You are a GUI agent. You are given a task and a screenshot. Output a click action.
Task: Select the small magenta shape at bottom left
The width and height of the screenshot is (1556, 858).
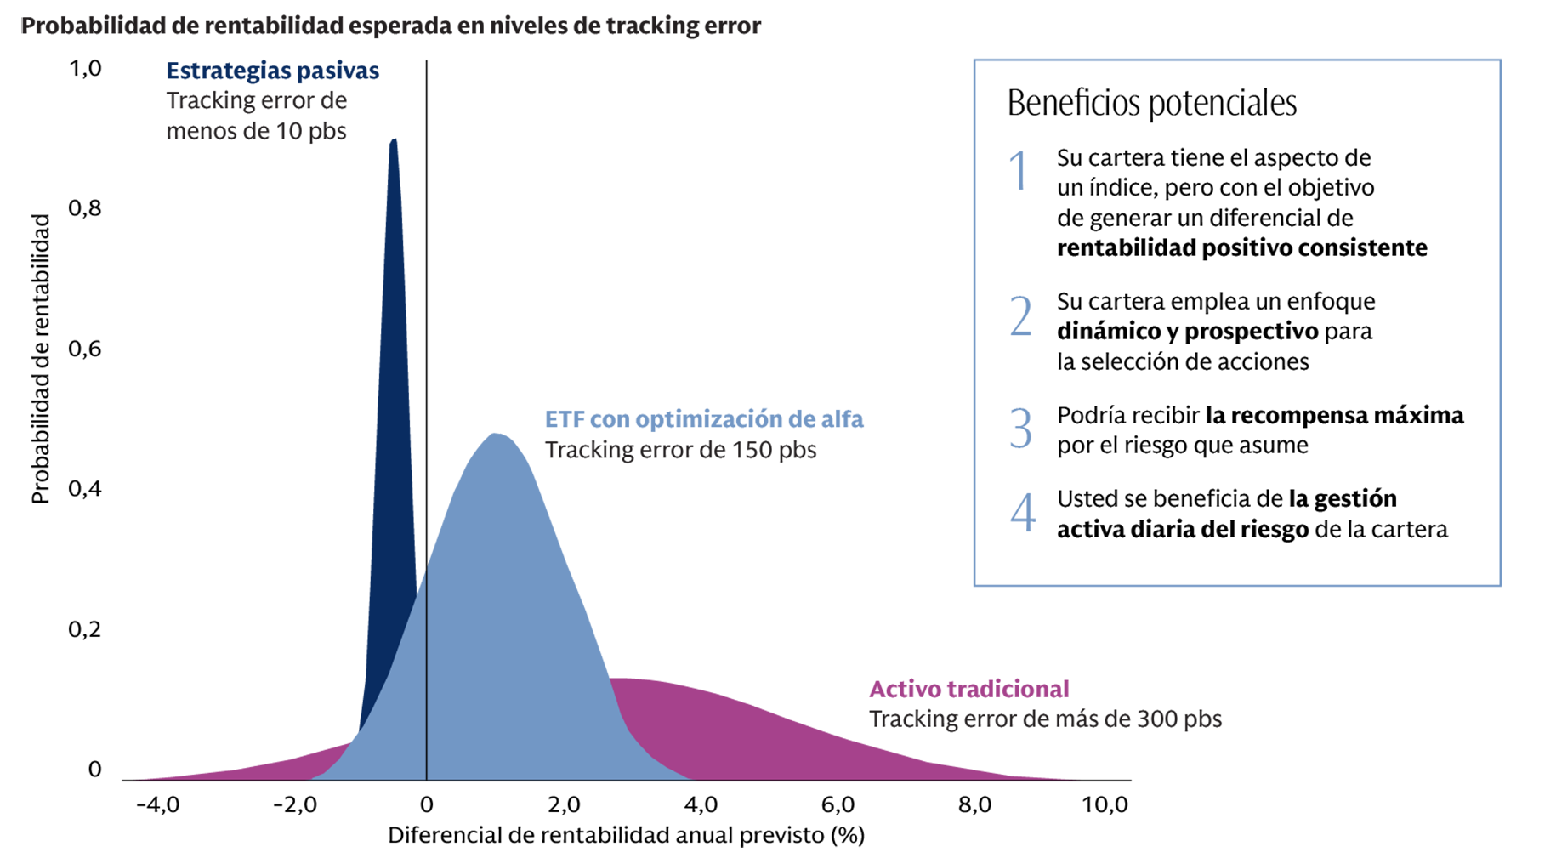(x=230, y=723)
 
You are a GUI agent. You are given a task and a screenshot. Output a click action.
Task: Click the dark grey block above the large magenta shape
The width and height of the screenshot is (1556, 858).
(x=748, y=502)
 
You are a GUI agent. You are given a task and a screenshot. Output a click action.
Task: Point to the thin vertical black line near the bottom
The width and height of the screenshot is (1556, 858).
(x=426, y=680)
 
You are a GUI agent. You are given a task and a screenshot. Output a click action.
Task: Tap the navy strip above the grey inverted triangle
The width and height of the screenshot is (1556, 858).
(x=264, y=68)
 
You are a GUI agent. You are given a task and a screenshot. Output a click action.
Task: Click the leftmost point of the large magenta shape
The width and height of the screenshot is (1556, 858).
(x=610, y=679)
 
